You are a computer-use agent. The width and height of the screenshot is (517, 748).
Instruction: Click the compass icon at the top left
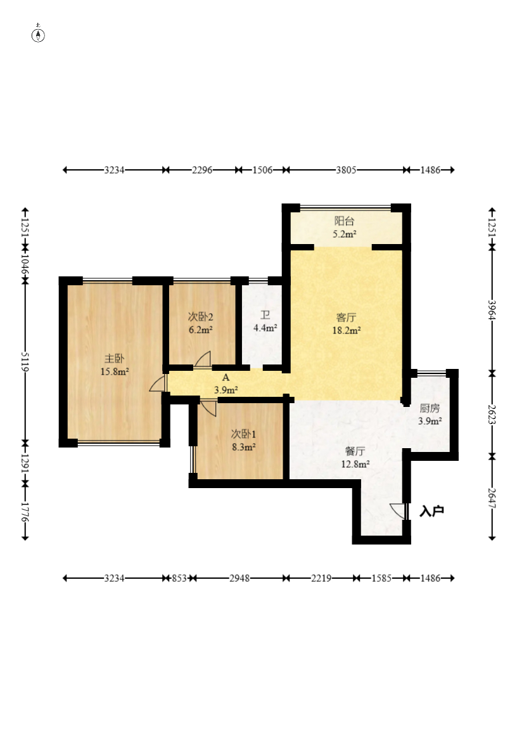point(38,35)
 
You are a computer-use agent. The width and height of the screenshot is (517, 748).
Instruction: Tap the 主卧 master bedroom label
point(115,358)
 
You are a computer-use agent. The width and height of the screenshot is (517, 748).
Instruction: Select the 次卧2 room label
point(200,317)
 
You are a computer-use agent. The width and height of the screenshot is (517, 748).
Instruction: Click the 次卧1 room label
point(243,434)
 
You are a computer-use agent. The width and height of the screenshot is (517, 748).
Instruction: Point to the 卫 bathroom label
point(265,315)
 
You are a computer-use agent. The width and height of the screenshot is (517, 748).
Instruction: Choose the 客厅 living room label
point(347,318)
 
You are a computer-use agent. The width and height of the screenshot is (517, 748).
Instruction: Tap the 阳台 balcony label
point(344,221)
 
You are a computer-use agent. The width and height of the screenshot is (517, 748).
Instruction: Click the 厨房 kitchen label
point(430,408)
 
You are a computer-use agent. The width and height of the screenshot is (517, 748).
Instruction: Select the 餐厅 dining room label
point(355,451)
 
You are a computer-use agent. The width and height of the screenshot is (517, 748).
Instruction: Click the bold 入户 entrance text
point(432,511)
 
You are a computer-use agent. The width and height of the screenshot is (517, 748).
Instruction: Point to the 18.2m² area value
point(347,330)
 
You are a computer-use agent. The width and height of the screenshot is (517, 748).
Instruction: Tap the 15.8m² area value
point(115,371)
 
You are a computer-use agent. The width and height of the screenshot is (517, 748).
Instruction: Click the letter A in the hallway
point(226,377)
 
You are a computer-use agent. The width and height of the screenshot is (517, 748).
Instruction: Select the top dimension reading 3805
point(346,170)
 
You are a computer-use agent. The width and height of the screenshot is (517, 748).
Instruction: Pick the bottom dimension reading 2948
point(239,578)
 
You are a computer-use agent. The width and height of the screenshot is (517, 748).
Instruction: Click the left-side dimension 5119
point(25,362)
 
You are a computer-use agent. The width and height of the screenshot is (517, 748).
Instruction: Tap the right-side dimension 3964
point(492,310)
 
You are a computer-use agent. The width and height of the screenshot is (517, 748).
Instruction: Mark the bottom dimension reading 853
point(179,578)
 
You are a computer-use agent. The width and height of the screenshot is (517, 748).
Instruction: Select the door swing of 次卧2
point(202,359)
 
